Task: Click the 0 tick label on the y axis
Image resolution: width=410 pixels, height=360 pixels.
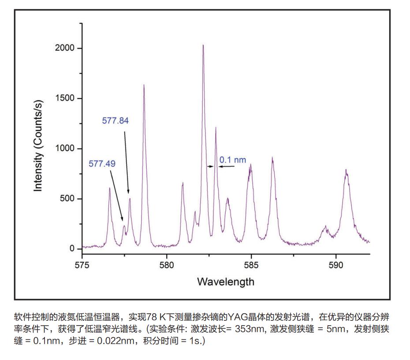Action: point(73,249)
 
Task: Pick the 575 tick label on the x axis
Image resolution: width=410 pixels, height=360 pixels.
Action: point(82,265)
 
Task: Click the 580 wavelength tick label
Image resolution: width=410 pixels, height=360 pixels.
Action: point(167,265)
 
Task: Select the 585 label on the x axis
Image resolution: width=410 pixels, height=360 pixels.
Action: point(251,265)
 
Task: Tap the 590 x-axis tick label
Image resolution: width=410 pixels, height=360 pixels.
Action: point(336,265)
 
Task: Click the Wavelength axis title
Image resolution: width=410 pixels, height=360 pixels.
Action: point(226,282)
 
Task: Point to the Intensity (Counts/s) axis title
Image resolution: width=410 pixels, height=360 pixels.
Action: point(38,146)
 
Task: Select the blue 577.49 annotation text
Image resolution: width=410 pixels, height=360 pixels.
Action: point(102,164)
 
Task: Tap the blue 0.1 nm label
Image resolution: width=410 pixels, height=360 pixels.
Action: point(233,160)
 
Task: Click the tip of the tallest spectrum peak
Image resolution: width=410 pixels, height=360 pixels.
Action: point(203,45)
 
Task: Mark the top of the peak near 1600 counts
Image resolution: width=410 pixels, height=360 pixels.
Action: point(144,85)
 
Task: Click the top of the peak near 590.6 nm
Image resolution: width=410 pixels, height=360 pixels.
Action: point(346,170)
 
